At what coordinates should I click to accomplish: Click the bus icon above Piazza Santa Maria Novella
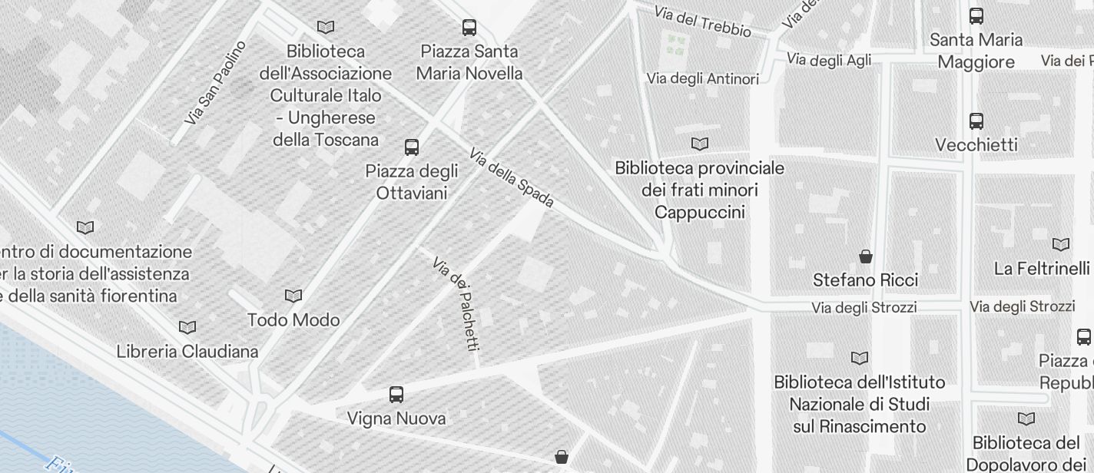click(x=469, y=28)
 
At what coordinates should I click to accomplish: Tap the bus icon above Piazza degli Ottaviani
click(x=412, y=147)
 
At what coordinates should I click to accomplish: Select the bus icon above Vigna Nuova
click(x=396, y=395)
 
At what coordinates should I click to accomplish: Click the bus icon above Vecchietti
click(x=976, y=121)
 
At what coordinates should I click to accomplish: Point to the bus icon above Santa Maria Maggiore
click(x=976, y=16)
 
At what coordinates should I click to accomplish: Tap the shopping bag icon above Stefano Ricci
click(x=866, y=256)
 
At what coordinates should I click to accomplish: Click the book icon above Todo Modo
click(x=293, y=296)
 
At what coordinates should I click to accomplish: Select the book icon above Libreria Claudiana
click(x=187, y=327)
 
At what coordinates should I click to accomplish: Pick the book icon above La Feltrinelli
click(x=1061, y=244)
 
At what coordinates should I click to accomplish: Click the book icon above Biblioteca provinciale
click(x=700, y=144)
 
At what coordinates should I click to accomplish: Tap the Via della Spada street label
click(x=512, y=178)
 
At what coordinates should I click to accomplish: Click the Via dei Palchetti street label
click(x=456, y=304)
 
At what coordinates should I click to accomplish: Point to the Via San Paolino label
click(x=216, y=83)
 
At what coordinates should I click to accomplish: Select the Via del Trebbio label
click(x=702, y=22)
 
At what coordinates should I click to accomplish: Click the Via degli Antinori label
click(x=702, y=78)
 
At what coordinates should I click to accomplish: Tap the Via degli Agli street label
click(x=829, y=60)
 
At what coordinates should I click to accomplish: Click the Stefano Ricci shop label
click(x=866, y=280)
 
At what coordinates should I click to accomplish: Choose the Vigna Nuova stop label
click(x=396, y=418)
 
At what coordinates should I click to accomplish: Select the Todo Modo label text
click(x=293, y=319)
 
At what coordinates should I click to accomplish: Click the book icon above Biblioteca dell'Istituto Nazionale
click(x=860, y=358)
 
